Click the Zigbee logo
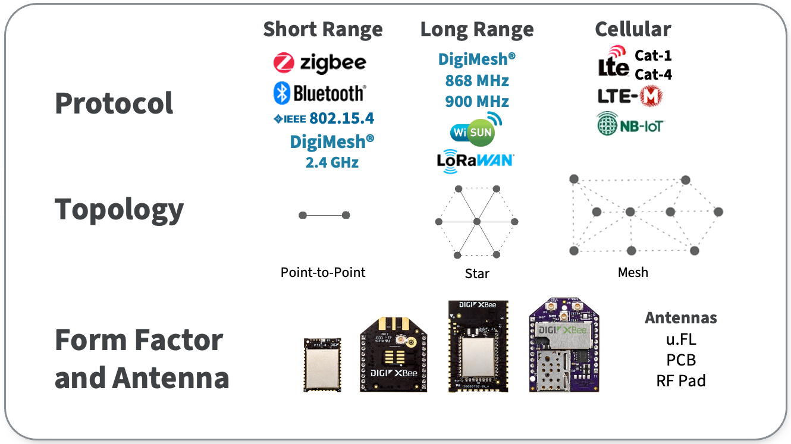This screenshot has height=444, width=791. [x=319, y=62]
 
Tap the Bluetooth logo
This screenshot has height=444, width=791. [x=319, y=93]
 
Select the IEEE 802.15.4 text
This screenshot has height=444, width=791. [x=324, y=118]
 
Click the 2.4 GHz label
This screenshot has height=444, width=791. [x=332, y=162]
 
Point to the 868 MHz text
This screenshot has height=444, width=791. [x=477, y=80]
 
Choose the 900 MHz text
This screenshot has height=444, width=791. [x=477, y=102]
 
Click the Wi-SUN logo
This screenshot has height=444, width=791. [x=476, y=129]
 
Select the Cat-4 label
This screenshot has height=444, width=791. [x=653, y=75]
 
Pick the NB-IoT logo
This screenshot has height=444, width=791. [x=630, y=125]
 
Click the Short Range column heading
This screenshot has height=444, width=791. [x=323, y=29]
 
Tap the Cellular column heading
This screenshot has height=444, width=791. [x=633, y=29]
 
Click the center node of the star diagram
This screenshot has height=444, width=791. [x=476, y=222]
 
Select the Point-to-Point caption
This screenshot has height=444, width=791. [x=323, y=272]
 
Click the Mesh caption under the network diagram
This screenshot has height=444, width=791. [x=633, y=272]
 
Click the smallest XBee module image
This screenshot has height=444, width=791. [x=322, y=364]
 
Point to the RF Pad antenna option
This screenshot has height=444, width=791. [x=680, y=380]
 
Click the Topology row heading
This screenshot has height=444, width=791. [x=119, y=209]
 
